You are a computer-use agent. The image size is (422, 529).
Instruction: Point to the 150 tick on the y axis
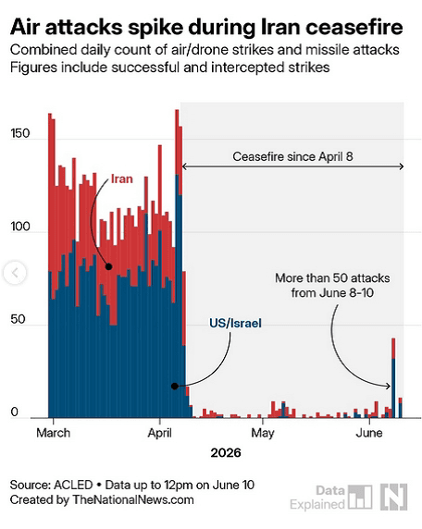coord(20,133)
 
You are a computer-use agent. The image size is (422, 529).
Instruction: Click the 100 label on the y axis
coord(20,227)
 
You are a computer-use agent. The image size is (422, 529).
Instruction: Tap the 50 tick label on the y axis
coord(18,319)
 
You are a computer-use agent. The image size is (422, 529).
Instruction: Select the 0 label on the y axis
coord(14,412)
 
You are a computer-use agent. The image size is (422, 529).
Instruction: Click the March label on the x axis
coord(54,433)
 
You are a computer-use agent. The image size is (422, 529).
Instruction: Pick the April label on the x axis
coord(160,433)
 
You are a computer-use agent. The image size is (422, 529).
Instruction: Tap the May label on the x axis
coord(263,433)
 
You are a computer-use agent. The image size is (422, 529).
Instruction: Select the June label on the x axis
coord(369,433)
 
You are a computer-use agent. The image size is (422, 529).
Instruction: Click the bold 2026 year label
coord(226,453)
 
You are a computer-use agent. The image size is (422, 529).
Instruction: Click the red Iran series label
coord(122,178)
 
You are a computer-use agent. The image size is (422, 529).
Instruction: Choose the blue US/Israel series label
coord(235,323)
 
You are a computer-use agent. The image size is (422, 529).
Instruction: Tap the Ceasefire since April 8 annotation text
coord(292,156)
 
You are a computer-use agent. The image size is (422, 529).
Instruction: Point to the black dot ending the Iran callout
coord(108,266)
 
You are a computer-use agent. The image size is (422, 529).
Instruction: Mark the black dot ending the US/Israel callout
coord(175,386)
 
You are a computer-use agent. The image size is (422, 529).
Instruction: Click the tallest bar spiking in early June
coord(393,378)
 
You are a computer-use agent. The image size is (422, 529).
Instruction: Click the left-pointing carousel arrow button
coord(15,273)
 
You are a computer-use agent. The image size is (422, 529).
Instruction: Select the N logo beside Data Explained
coord(394,497)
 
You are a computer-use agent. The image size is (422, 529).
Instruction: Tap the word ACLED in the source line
coord(73,485)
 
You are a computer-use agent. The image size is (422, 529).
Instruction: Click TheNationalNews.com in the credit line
coord(133,499)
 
